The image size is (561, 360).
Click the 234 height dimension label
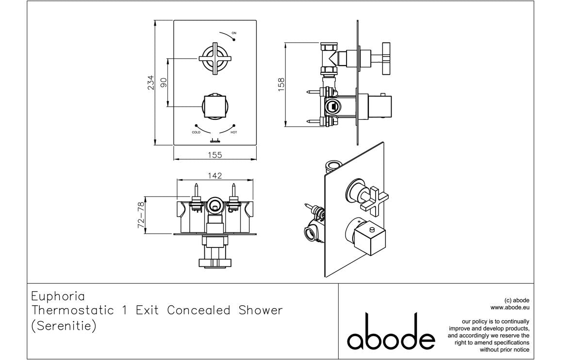[151, 82]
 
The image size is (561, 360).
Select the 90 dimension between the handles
[164, 82]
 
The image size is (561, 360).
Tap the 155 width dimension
[214, 155]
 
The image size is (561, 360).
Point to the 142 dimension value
[214, 175]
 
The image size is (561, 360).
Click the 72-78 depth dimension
[141, 215]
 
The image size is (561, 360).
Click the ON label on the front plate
[234, 33]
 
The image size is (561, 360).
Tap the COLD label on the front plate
[196, 132]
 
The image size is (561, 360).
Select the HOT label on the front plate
[234, 132]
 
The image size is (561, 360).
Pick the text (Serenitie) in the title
[64, 326]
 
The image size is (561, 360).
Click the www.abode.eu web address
[510, 307]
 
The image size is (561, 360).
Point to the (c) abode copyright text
[517, 300]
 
